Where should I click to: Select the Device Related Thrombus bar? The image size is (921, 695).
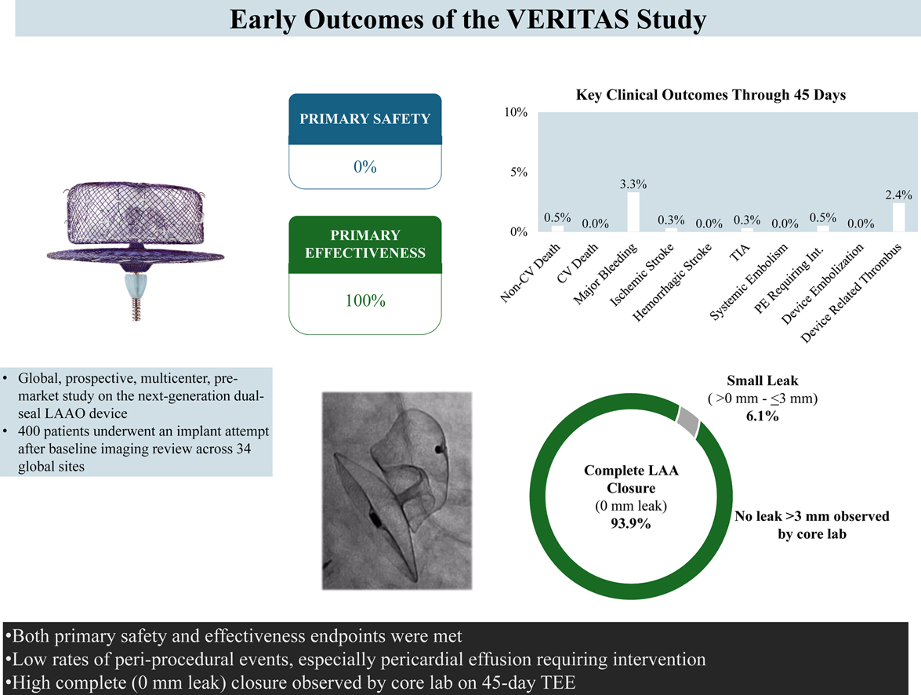898,217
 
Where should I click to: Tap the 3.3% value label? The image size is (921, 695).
633,184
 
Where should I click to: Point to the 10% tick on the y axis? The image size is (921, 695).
515,113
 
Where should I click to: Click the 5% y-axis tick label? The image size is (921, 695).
518,173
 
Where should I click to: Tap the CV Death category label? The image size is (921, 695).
584,264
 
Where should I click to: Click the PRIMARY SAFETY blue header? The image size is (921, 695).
364,120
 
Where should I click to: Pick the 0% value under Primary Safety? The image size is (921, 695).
364,167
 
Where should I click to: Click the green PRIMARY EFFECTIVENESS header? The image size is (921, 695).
364,244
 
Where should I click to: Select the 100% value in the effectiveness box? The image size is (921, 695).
364,301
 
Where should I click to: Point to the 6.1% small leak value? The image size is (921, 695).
760,416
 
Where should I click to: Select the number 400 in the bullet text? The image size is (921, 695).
33,431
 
